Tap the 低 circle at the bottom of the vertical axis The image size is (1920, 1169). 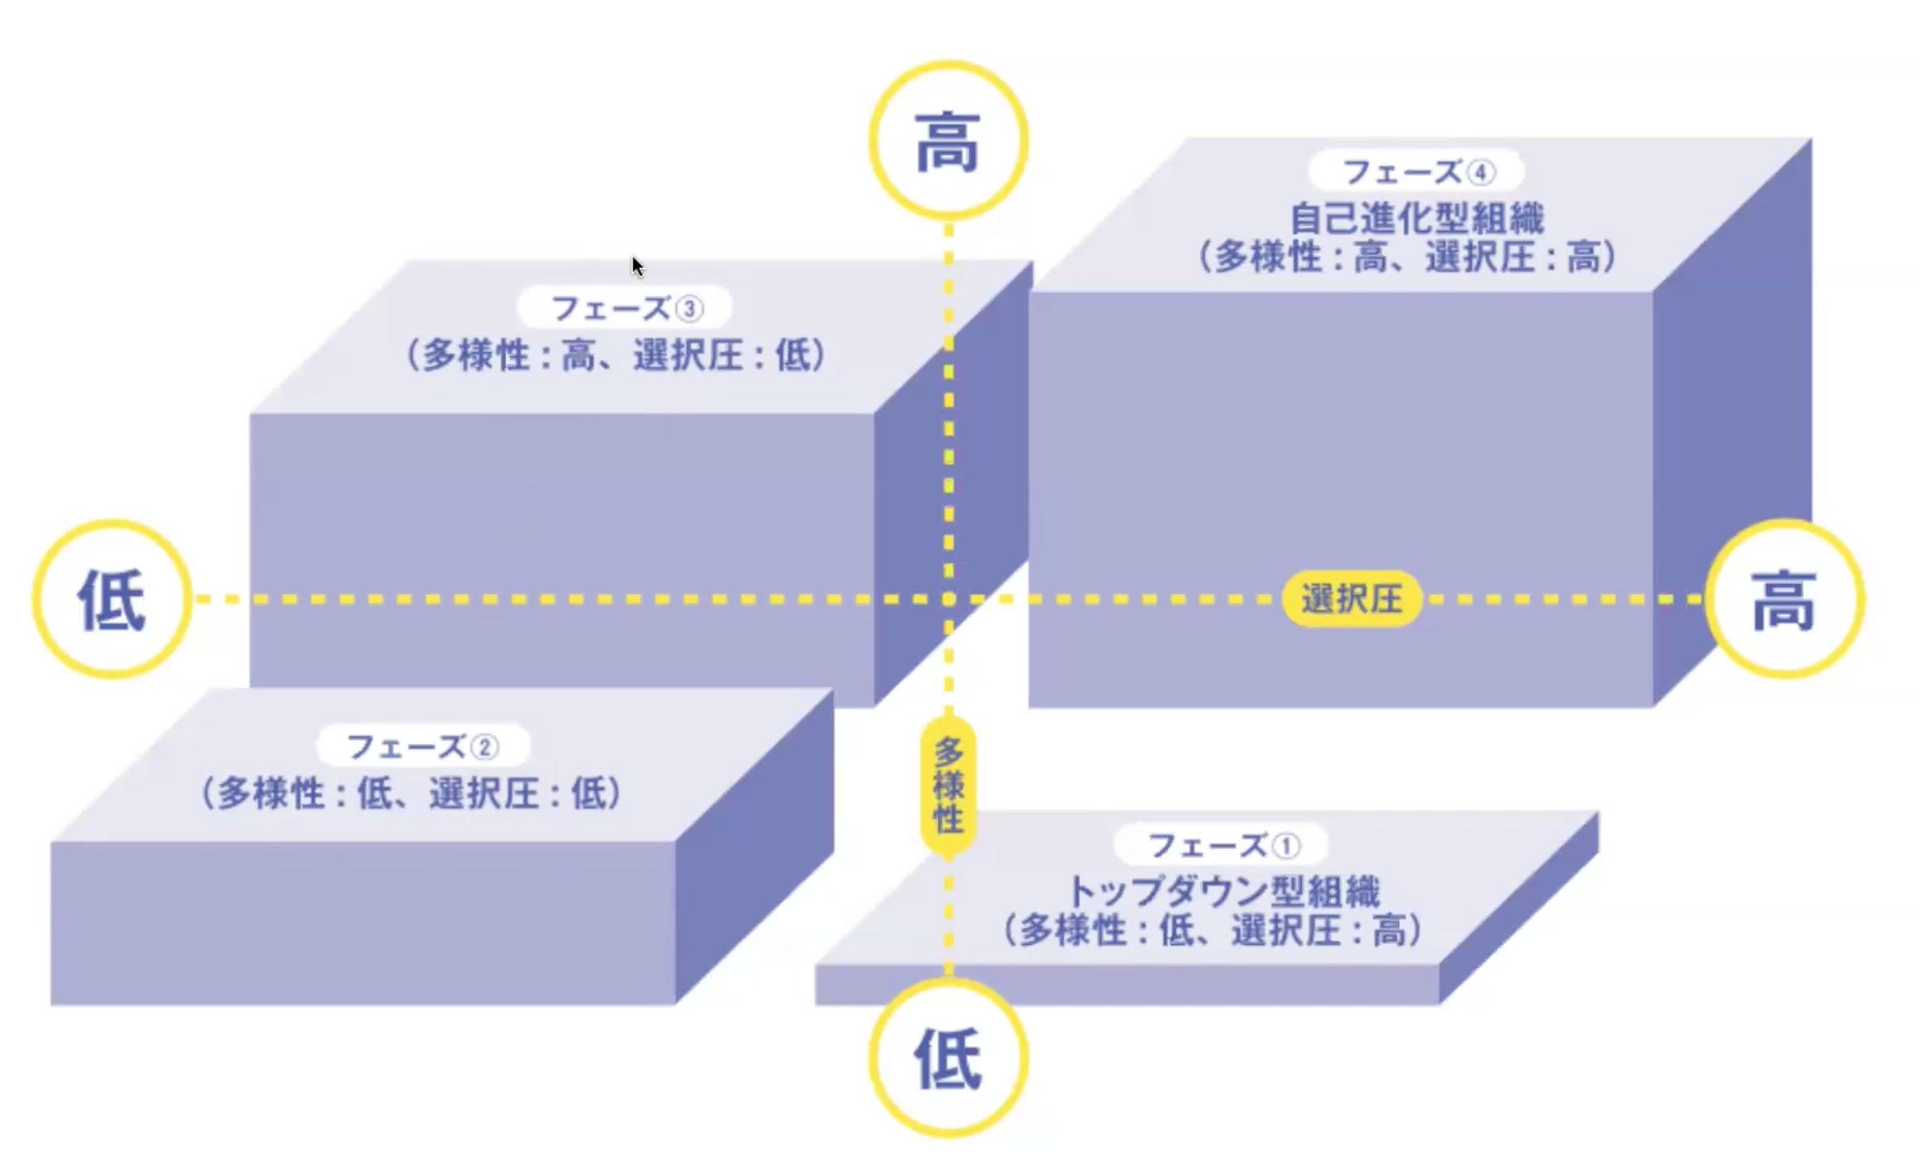click(x=948, y=1059)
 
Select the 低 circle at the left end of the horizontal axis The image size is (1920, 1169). click(x=112, y=600)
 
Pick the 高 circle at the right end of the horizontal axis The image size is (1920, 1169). click(x=1783, y=600)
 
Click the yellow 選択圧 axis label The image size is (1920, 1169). click(x=1352, y=600)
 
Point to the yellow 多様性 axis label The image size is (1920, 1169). click(x=948, y=786)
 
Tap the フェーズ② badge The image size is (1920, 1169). click(x=423, y=747)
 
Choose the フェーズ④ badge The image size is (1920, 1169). click(x=1417, y=172)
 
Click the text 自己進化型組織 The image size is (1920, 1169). click(x=1417, y=218)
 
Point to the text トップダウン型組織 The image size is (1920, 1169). click(x=1222, y=891)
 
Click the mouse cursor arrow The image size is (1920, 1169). click(x=637, y=266)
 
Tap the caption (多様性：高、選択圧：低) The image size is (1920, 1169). click(x=616, y=355)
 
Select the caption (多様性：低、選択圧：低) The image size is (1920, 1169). click(x=412, y=794)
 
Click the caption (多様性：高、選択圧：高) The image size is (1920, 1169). click(x=1407, y=258)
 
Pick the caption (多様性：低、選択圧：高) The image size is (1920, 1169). click(x=1213, y=930)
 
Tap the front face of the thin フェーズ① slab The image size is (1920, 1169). click(x=1126, y=985)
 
